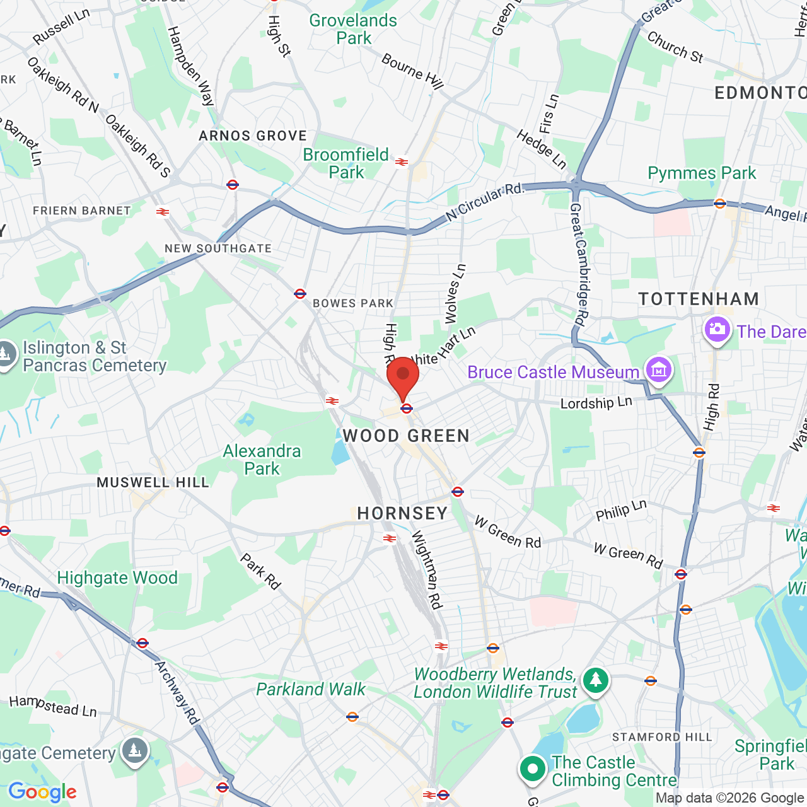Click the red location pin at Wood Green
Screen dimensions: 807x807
(x=403, y=376)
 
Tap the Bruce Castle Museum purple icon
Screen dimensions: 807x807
(x=658, y=369)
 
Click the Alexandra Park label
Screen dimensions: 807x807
(x=262, y=460)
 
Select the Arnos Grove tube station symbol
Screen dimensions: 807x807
(x=233, y=185)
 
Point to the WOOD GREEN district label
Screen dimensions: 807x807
(x=406, y=436)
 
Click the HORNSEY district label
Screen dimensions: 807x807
(x=402, y=513)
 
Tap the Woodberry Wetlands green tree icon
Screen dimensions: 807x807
(x=595, y=680)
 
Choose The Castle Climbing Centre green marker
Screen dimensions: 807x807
(x=533, y=769)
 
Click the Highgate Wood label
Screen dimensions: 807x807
(x=117, y=578)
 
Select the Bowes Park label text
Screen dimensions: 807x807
(x=353, y=303)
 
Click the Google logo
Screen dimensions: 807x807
(x=42, y=792)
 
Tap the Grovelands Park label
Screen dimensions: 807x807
(x=353, y=29)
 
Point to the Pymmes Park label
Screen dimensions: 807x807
(x=702, y=173)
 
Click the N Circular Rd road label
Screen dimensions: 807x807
(x=484, y=202)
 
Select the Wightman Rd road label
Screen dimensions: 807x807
(x=427, y=569)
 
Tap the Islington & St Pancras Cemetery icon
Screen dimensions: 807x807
(x=6, y=354)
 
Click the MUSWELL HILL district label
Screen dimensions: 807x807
(x=153, y=482)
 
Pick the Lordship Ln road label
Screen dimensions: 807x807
(x=596, y=403)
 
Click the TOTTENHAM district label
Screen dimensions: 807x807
(x=699, y=299)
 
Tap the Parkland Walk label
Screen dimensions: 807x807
(x=311, y=689)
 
